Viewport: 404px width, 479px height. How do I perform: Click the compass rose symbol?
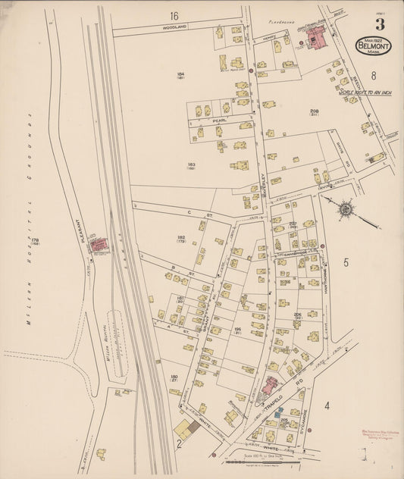(x=346, y=207)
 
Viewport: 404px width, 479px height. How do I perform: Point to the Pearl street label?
(x=220, y=120)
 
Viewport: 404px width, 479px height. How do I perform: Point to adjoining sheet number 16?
(x=174, y=16)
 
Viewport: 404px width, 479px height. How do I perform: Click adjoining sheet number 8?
(x=374, y=75)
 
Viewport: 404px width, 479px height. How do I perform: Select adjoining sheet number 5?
(x=345, y=263)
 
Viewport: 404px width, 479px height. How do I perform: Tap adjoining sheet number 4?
(x=327, y=406)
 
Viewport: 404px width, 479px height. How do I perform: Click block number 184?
(x=181, y=74)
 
